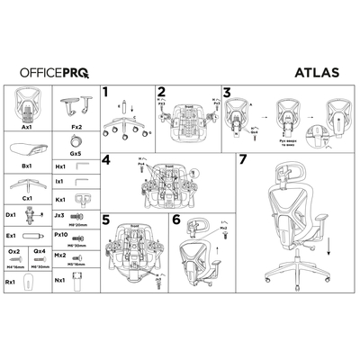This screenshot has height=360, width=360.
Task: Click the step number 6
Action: (x=175, y=218)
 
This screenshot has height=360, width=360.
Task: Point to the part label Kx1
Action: (x=61, y=198)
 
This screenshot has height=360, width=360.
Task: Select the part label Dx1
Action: (x=11, y=215)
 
